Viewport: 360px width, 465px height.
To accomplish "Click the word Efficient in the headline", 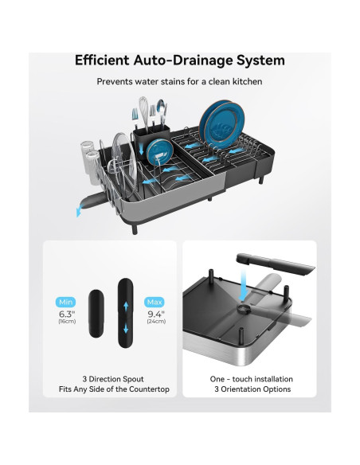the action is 102,61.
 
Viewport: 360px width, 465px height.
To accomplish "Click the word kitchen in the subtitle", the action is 247,81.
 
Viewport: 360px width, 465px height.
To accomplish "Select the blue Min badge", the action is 65,302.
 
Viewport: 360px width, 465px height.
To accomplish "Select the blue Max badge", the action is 155,302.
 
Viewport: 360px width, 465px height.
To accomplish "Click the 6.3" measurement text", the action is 67,314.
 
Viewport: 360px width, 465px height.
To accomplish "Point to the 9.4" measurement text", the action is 156,314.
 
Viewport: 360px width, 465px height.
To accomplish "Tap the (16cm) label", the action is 67,321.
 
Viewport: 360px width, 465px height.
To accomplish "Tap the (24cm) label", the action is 156,321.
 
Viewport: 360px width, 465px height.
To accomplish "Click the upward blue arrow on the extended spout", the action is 126,307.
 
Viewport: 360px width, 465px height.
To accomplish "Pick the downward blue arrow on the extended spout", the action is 126,328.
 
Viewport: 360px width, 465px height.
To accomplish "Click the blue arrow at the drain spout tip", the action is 79,212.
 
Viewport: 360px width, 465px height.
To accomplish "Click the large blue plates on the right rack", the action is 222,123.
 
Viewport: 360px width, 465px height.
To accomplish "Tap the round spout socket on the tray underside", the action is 244,310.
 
